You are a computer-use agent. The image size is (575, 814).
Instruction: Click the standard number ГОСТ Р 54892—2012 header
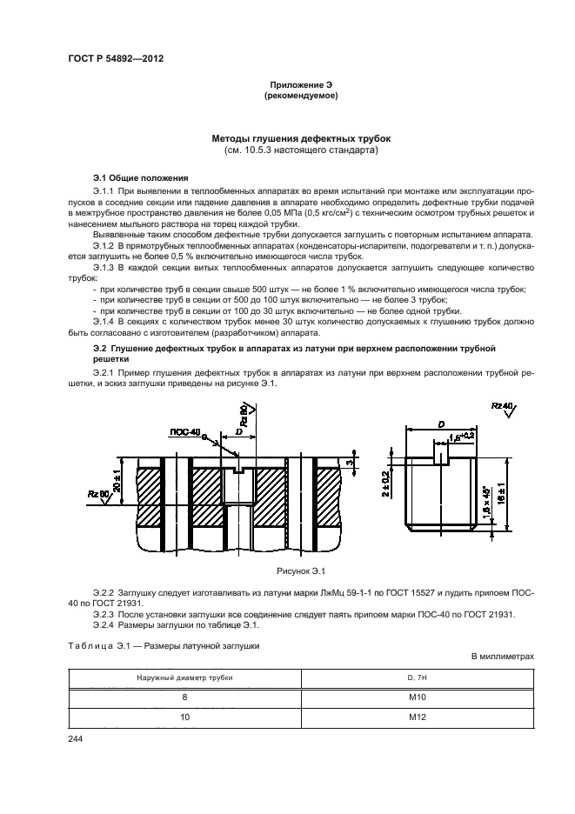tap(116, 57)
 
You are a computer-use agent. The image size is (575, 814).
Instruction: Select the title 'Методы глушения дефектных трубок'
tap(301, 138)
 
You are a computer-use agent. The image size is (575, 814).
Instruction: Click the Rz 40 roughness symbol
tap(501, 407)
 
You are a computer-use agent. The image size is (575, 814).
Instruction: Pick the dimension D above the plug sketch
tap(442, 424)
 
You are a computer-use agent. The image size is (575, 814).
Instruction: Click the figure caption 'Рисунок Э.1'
tap(300, 570)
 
